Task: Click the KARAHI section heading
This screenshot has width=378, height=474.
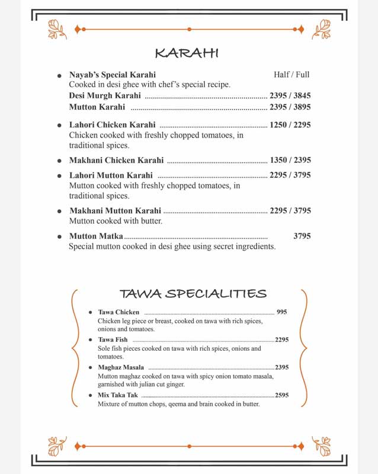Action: pyautogui.click(x=187, y=53)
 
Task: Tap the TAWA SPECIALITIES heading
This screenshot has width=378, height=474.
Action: pyautogui.click(x=193, y=294)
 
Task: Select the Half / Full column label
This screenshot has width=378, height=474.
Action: pyautogui.click(x=291, y=75)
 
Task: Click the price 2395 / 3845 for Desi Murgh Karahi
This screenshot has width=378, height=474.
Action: pyautogui.click(x=290, y=95)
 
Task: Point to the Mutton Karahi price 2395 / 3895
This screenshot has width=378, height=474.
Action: pyautogui.click(x=290, y=107)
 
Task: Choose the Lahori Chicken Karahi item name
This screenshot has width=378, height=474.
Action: pyautogui.click(x=113, y=125)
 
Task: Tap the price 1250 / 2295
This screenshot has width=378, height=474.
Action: pyautogui.click(x=290, y=125)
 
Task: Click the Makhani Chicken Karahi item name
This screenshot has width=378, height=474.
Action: pyautogui.click(x=116, y=160)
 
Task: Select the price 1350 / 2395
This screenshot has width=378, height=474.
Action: pyautogui.click(x=290, y=160)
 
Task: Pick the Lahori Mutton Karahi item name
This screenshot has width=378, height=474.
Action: pyautogui.click(x=111, y=175)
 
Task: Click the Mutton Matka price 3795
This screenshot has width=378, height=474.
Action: pyautogui.click(x=302, y=236)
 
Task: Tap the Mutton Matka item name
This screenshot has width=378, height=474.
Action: pyautogui.click(x=96, y=236)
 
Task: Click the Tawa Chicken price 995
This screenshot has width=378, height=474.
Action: pyautogui.click(x=281, y=312)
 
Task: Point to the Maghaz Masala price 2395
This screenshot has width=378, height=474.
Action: pyautogui.click(x=281, y=367)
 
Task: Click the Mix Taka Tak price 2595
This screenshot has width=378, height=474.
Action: pyautogui.click(x=281, y=395)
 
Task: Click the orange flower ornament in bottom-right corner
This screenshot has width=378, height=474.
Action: pyautogui.click(x=321, y=445)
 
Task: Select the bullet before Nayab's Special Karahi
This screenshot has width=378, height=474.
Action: pyautogui.click(x=59, y=76)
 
